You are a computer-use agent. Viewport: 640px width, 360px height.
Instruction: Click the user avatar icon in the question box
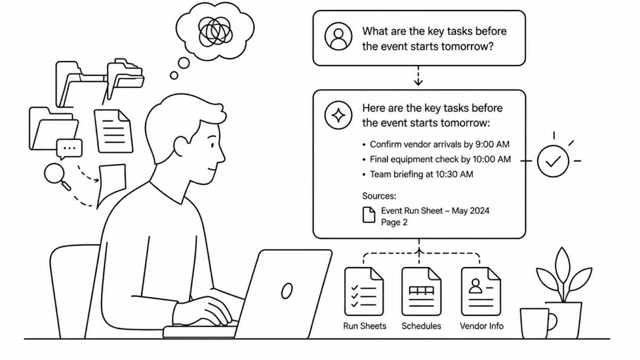tap(338, 37)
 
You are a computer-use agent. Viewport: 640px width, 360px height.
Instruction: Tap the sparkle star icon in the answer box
tap(338, 115)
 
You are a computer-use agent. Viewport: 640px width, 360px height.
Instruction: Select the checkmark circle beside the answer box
tap(553, 161)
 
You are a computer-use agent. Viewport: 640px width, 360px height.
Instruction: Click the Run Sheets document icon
tap(364, 291)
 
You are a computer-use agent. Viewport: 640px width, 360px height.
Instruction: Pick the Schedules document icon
tap(421, 291)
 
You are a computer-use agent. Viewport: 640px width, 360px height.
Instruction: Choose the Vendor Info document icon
tap(481, 291)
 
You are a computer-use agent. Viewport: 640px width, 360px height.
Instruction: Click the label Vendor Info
tap(482, 326)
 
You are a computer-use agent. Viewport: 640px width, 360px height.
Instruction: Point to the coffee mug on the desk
tap(537, 323)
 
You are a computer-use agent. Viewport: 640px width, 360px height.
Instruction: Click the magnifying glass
tap(57, 177)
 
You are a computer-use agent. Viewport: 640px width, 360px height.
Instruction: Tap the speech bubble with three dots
tap(69, 149)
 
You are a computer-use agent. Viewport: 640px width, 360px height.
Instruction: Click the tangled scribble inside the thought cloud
tap(215, 31)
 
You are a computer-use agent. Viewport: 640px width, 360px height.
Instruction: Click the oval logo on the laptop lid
tap(287, 291)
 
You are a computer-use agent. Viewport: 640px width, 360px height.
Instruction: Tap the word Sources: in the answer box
tap(379, 196)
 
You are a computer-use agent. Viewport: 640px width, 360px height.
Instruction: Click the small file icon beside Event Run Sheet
tap(369, 215)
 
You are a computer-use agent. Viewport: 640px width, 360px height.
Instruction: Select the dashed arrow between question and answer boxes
tap(418, 76)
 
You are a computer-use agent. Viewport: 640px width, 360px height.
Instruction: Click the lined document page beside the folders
tap(114, 131)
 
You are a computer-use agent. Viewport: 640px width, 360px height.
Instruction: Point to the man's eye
tap(212, 145)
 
